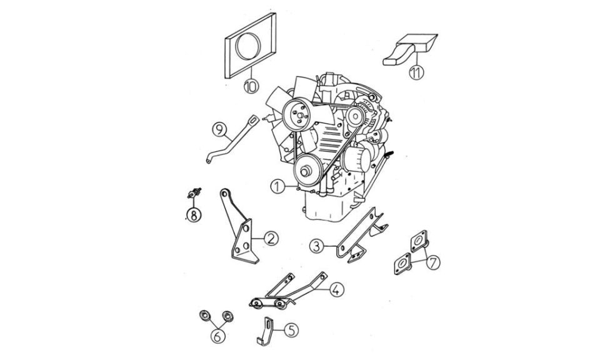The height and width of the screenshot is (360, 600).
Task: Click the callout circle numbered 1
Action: pos(277,187)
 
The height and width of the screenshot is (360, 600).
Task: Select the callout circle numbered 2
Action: pos(271,239)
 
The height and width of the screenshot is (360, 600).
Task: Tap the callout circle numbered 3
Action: pos(317,246)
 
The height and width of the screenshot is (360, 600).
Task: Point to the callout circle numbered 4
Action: pos(336,289)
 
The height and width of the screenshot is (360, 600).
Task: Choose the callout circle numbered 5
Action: pos(291,330)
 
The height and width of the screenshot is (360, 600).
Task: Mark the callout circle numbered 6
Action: pos(217,336)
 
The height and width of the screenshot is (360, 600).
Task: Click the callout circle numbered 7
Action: pos(432,262)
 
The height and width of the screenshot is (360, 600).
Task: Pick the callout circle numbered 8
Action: pos(194,215)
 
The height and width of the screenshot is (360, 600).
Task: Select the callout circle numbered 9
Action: pos(219,130)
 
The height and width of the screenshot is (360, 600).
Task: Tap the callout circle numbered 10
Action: pos(251,86)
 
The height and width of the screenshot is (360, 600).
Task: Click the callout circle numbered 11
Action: pos(416,72)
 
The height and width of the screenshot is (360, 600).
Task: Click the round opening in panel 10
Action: pos(248,46)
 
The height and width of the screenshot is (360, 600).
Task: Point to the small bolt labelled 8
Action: pos(194,192)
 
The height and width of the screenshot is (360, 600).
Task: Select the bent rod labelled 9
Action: pos(231,141)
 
